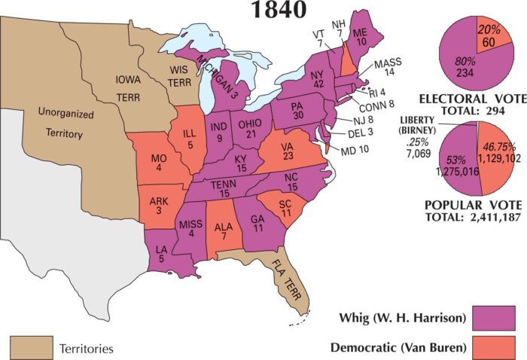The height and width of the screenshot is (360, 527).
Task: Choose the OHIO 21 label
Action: pos(249,129)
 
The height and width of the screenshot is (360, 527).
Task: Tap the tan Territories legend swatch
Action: pos(30,349)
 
